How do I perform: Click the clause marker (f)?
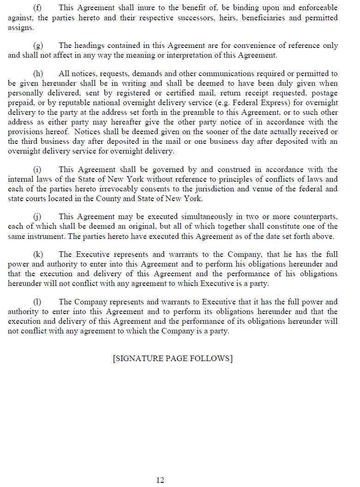click(x=37, y=8)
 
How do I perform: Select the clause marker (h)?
click(x=38, y=74)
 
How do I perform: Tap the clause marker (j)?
click(x=37, y=217)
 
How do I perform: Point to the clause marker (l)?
click(x=37, y=302)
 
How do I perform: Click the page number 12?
click(x=160, y=480)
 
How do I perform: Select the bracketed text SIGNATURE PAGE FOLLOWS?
click(x=173, y=358)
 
